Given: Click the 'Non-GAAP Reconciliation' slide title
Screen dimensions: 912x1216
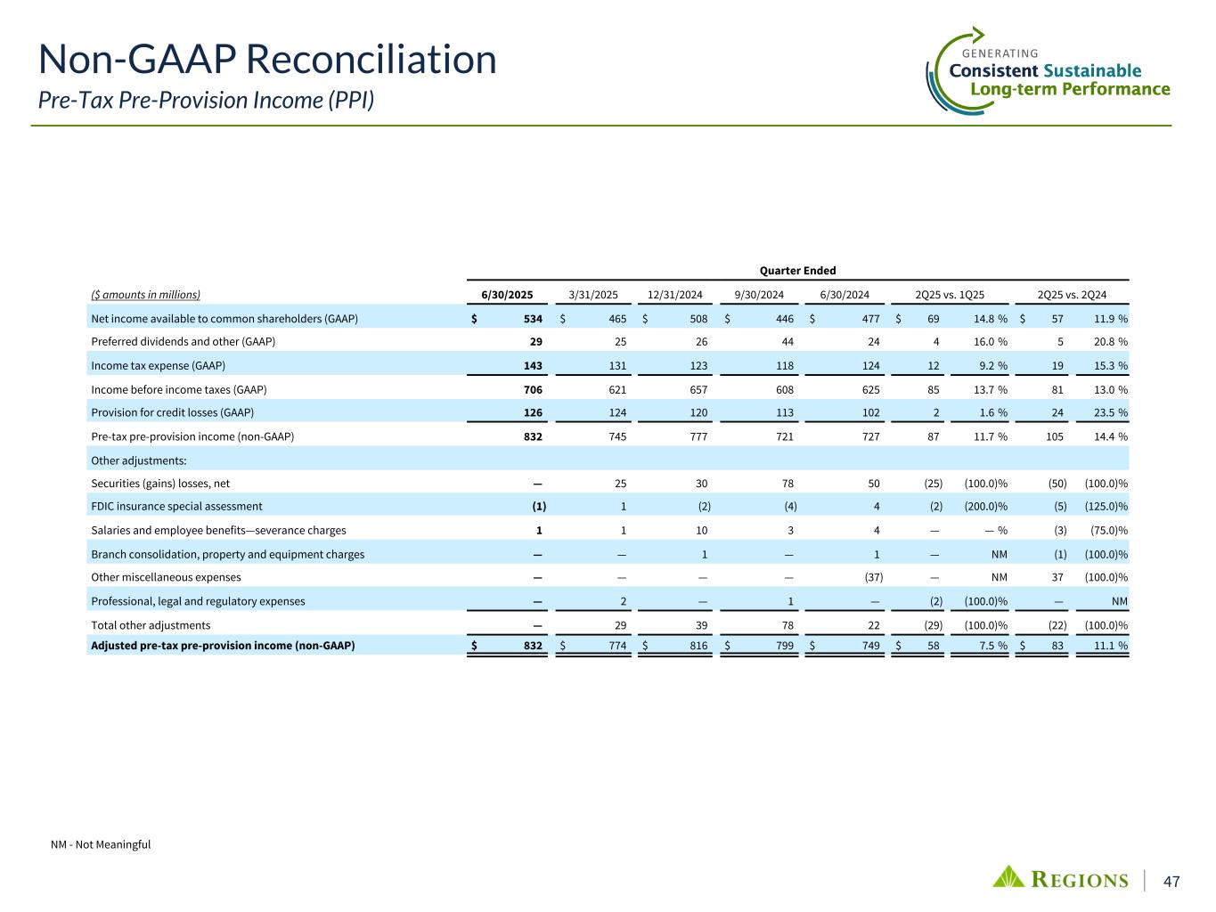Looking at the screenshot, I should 267,60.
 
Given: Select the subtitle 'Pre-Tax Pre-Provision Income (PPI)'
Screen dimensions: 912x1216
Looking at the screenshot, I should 206,100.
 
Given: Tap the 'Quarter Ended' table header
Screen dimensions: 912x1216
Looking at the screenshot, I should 797,271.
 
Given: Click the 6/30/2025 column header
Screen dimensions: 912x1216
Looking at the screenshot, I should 507,295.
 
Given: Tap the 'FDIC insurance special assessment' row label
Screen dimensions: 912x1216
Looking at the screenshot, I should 176,507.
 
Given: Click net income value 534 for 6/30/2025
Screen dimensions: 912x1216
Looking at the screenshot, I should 533,319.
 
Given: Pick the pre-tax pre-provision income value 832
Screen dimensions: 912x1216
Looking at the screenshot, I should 533,436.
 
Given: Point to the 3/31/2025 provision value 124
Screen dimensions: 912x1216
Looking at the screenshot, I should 616,412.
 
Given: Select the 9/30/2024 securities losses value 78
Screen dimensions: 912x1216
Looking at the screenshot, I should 787,484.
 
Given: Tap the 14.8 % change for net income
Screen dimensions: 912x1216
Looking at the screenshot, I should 985,319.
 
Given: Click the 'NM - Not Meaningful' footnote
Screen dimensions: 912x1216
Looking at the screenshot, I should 101,844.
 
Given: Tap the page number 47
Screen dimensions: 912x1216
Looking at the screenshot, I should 1172,881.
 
